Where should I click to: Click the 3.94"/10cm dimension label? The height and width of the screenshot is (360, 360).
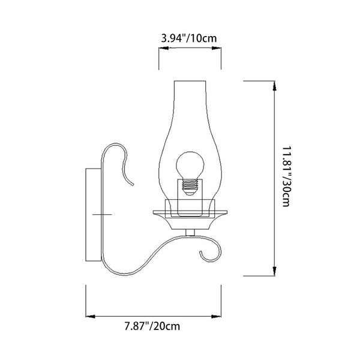189,38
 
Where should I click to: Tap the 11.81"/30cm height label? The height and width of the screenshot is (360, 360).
287,176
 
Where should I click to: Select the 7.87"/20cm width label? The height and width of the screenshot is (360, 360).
152,326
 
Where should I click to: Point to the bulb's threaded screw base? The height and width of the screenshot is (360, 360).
190,187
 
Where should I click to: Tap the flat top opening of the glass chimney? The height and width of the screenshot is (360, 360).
190,81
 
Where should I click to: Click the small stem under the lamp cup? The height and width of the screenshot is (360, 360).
190,233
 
